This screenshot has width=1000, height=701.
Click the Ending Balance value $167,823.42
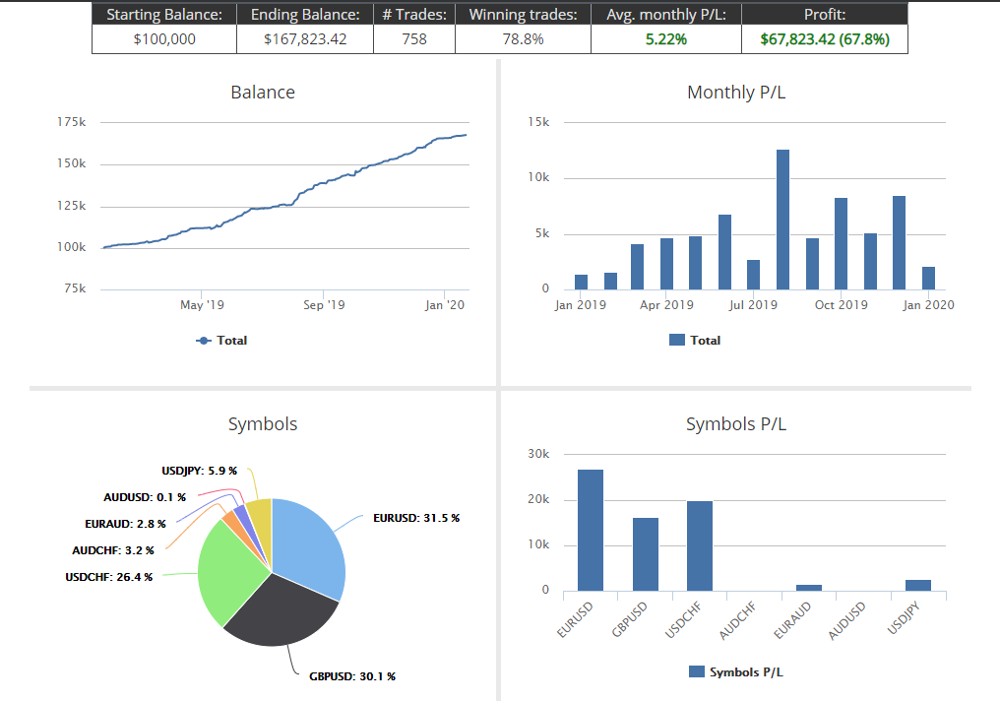click(x=305, y=39)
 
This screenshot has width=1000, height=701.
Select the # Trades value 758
click(x=413, y=39)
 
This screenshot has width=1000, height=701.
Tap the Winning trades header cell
click(x=523, y=15)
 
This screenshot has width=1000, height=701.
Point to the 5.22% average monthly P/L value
click(x=665, y=39)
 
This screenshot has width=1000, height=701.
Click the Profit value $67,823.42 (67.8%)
click(x=824, y=39)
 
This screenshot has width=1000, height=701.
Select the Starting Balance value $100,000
click(x=164, y=39)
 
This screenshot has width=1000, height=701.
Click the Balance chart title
click(x=263, y=93)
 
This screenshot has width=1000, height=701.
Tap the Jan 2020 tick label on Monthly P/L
click(x=928, y=305)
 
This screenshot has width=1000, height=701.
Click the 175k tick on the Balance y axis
click(x=71, y=123)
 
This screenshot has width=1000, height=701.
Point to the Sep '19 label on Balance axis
click(x=323, y=305)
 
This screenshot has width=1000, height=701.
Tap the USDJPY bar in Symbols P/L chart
click(x=917, y=585)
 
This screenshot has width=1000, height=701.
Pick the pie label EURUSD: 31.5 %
click(x=415, y=518)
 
